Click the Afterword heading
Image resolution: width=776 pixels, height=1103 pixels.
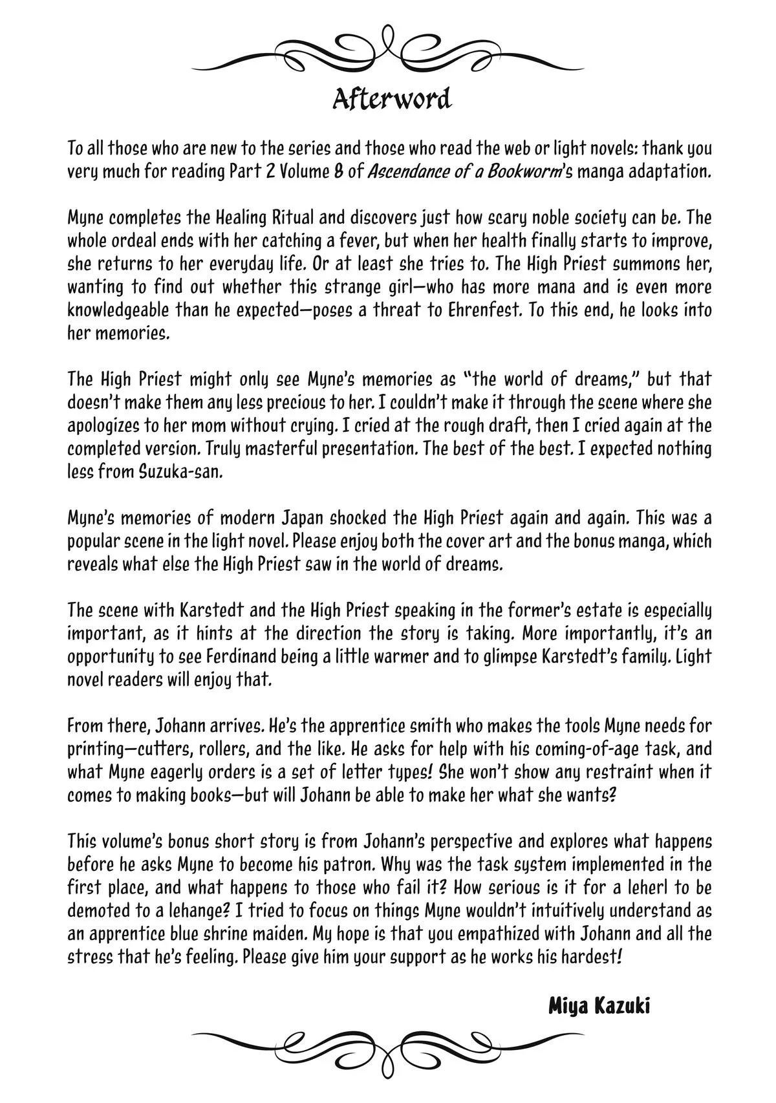[x=391, y=100]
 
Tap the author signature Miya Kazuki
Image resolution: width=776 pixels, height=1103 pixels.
[x=599, y=1006]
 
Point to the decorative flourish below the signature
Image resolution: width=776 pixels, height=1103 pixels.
[x=388, y=1053]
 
